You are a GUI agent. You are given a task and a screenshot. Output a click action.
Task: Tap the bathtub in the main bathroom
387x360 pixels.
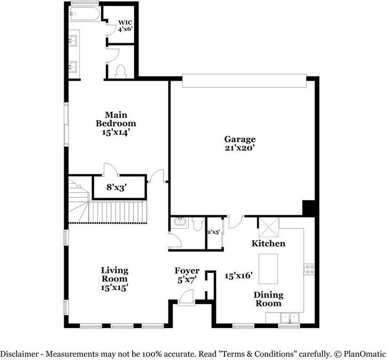coord(84,13)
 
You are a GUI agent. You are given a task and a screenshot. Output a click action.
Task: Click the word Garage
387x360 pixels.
coord(239,139)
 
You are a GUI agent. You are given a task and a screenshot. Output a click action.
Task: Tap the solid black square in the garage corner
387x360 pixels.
coord(309,208)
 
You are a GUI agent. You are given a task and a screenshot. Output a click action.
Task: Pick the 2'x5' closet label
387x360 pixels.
coord(214,232)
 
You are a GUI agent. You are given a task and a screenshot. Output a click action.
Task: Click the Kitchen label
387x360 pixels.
coord(268,244)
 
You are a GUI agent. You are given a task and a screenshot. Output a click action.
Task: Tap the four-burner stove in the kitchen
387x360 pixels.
coord(308,269)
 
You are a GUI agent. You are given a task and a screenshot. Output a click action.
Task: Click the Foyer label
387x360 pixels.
coord(187,271)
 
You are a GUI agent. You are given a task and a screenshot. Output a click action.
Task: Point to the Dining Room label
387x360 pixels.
coord(268,299)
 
